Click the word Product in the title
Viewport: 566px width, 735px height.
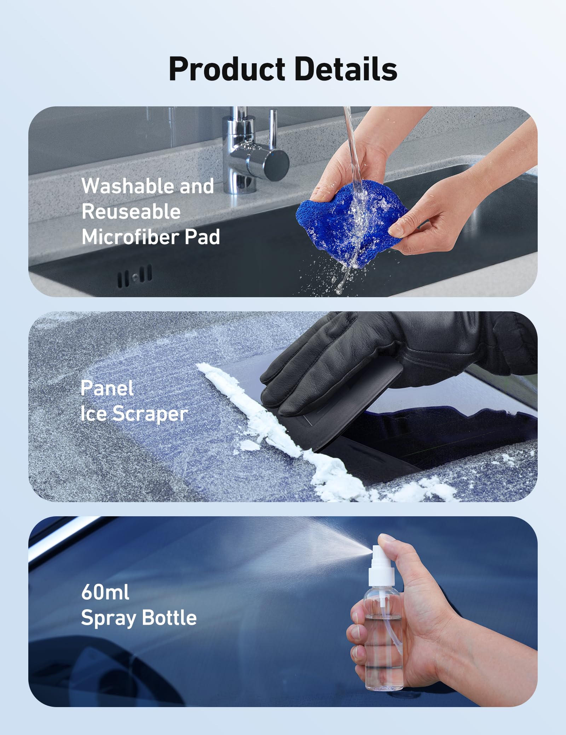[x=226, y=69]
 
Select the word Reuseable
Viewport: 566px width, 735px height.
[x=131, y=212]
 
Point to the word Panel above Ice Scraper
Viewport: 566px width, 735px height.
[x=107, y=388]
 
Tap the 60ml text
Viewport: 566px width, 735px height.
[x=105, y=592]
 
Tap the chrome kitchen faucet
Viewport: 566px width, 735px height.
[x=248, y=152]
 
